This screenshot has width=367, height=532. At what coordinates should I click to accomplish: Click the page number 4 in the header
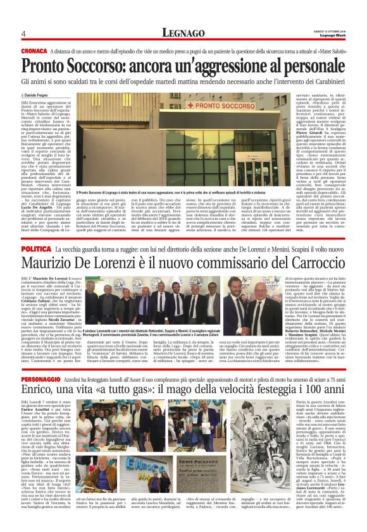tap(23, 33)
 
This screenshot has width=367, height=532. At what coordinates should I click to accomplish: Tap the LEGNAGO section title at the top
tap(183, 33)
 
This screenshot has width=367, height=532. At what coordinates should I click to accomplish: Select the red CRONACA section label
tap(34, 50)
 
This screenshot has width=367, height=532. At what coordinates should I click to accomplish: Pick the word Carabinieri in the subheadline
tap(326, 80)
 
